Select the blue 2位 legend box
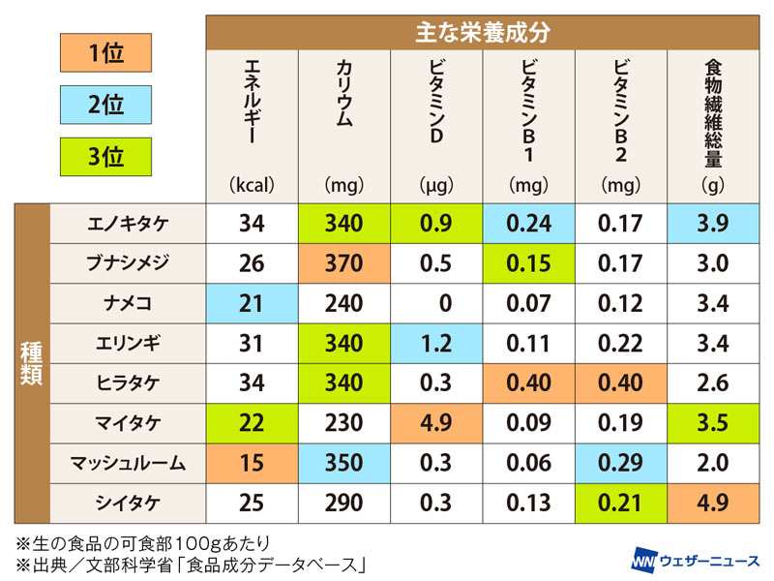105,106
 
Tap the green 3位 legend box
105,157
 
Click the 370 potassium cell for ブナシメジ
344,263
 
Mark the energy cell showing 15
252,462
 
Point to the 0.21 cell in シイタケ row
620,502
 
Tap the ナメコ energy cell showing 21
252,303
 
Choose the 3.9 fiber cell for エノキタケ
713,224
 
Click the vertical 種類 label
31,361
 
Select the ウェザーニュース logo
693,559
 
